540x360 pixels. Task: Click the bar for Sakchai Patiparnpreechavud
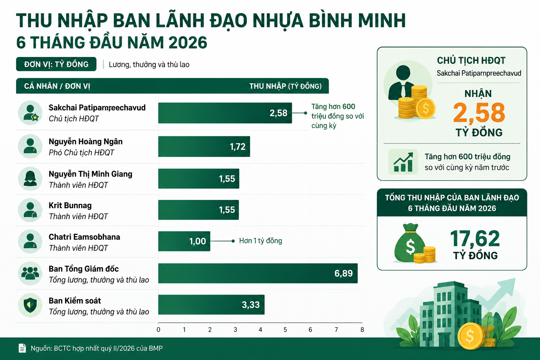(x=225, y=113)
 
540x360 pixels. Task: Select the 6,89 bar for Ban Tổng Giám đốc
(x=258, y=273)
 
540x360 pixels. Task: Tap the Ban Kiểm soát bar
(x=211, y=304)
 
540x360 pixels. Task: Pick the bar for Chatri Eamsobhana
(x=184, y=241)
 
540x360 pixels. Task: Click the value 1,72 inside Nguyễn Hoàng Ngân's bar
(x=237, y=147)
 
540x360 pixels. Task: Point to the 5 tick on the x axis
(x=285, y=330)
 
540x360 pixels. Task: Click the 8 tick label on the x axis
(x=362, y=330)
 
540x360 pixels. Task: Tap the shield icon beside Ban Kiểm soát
(x=30, y=305)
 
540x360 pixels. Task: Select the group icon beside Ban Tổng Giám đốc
(x=30, y=273)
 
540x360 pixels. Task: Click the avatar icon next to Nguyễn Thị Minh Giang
(x=30, y=179)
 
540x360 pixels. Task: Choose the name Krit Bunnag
(x=70, y=205)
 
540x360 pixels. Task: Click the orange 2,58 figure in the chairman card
(x=479, y=112)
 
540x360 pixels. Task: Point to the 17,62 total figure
(x=475, y=238)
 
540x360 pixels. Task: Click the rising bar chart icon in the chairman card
(x=403, y=162)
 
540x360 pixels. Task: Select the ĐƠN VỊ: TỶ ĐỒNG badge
(x=56, y=64)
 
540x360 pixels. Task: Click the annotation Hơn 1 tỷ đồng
(x=261, y=240)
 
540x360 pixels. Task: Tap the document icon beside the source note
(x=22, y=348)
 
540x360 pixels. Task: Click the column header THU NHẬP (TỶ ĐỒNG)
(x=285, y=86)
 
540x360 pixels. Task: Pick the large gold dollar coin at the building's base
(x=470, y=336)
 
